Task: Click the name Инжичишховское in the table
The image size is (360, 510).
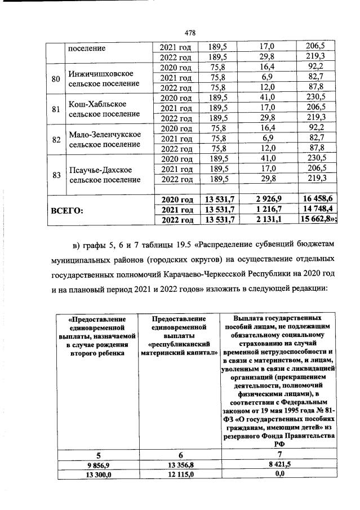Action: [x=100, y=74]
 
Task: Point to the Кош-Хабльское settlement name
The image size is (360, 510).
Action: [x=97, y=104]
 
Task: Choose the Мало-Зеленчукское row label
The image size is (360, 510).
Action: [x=103, y=135]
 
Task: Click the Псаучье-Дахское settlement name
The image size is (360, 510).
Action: [x=100, y=170]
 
